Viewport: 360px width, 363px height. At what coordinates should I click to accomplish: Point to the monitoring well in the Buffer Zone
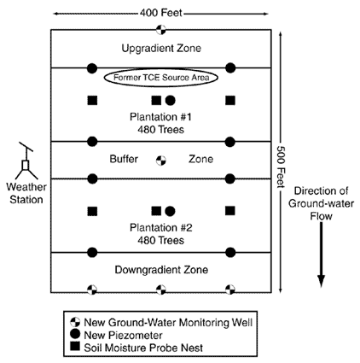[161, 160]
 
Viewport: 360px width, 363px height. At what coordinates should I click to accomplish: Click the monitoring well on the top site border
[161, 31]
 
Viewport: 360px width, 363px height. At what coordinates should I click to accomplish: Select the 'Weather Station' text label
[26, 192]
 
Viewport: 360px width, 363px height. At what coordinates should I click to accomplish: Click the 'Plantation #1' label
[161, 117]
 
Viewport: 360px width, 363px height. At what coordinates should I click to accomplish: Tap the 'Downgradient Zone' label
[160, 269]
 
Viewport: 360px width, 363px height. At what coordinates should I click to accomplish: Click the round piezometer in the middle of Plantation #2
[170, 210]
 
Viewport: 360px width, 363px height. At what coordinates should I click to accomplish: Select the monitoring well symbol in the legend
[76, 321]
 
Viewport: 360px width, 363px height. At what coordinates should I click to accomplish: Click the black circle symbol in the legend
[76, 334]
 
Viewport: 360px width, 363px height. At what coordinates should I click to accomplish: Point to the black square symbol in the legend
[76, 347]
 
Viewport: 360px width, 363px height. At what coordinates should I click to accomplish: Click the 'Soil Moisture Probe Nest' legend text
[145, 347]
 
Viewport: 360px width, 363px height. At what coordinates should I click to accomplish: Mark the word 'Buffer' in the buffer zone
[125, 160]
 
